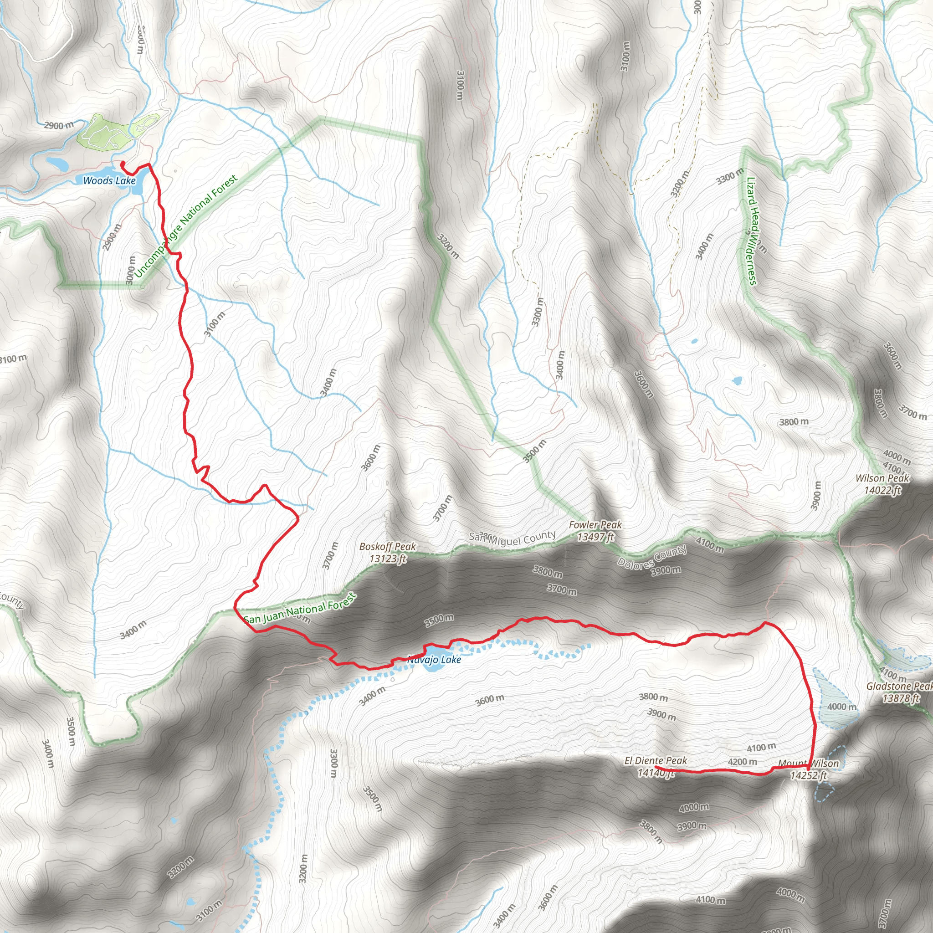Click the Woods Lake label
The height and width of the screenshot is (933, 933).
110,180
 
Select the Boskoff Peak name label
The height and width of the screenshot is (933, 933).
387,547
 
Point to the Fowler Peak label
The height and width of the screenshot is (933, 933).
595,524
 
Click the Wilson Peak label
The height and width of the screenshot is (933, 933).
882,478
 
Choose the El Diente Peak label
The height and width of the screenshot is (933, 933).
655,761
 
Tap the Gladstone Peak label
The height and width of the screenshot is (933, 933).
899,686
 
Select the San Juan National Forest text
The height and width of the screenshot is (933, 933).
299,610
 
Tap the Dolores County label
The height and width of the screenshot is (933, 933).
652,557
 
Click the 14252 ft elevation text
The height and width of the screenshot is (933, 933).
809,775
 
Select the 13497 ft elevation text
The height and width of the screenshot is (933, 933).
595,537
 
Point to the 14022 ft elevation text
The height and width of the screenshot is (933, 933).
882,490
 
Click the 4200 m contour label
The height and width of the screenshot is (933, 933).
742,762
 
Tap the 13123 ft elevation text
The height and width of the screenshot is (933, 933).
388,559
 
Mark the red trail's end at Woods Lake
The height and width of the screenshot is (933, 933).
121,163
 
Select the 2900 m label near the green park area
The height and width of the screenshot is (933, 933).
59,126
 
